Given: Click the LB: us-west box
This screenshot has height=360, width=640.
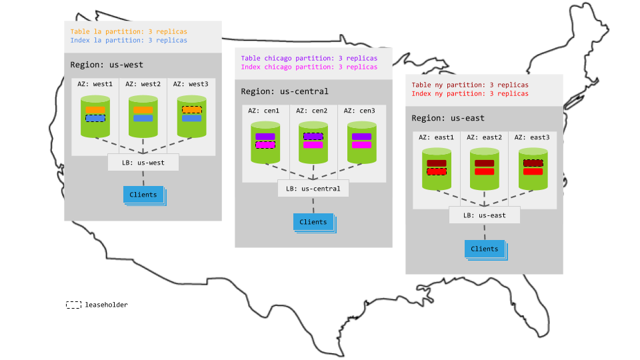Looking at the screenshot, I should pyautogui.click(x=143, y=162).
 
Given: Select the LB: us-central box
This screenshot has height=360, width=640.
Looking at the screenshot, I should pyautogui.click(x=313, y=189).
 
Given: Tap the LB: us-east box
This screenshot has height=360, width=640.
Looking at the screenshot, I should pyautogui.click(x=484, y=215).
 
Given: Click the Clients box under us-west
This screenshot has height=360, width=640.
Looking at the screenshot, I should pyautogui.click(x=143, y=195).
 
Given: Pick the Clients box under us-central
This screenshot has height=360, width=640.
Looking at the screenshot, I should pyautogui.click(x=313, y=222).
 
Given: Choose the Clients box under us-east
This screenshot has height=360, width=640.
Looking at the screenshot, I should pyautogui.click(x=485, y=249).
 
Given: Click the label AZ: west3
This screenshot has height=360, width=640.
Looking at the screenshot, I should pyautogui.click(x=191, y=84).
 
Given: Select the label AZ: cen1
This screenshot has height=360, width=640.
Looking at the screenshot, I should pyautogui.click(x=264, y=111).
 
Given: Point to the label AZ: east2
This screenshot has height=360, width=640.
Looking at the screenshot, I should pyautogui.click(x=484, y=137).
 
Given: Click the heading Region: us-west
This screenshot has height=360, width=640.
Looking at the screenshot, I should pyautogui.click(x=107, y=65).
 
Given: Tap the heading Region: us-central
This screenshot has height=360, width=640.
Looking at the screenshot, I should pyautogui.click(x=285, y=91).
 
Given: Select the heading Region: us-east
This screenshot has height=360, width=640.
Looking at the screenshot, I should pyautogui.click(x=448, y=118).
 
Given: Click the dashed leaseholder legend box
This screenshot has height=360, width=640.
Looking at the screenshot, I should pyautogui.click(x=74, y=305).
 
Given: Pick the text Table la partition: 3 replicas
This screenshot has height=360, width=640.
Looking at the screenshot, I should pyautogui.click(x=129, y=31).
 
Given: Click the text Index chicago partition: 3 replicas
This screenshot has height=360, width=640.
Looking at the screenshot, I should pyautogui.click(x=309, y=67).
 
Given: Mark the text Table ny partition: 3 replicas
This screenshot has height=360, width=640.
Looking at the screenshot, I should pyautogui.click(x=470, y=85).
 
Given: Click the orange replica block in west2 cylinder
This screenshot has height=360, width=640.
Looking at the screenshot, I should pyautogui.click(x=143, y=109).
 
